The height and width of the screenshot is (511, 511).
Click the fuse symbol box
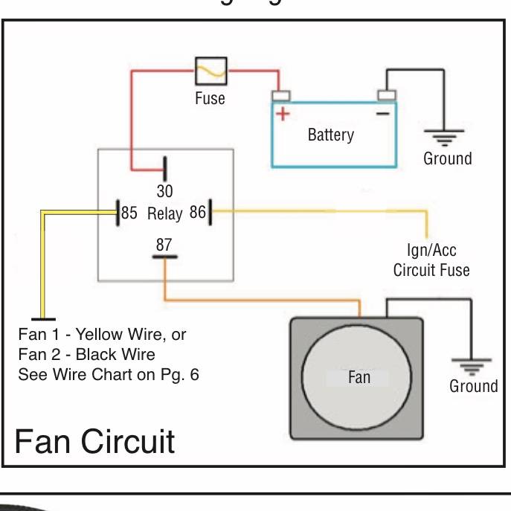(211, 71)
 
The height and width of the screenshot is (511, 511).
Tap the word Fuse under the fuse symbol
(210, 98)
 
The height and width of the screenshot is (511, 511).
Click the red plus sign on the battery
(283, 114)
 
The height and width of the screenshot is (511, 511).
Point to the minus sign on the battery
(382, 113)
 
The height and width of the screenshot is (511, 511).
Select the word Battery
(330, 135)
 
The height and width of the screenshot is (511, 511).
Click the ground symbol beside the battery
(444, 137)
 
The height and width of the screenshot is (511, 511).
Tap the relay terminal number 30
(164, 191)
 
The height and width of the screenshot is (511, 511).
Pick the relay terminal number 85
(129, 213)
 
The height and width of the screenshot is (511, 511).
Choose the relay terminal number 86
(197, 213)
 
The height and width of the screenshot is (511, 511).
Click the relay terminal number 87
(164, 243)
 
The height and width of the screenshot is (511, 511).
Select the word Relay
(164, 214)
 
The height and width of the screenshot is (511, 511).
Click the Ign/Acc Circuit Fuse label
(431, 260)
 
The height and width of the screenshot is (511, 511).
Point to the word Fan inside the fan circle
(359, 377)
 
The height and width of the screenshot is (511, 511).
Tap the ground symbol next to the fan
(471, 365)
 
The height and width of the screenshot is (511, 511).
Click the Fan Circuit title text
(94, 441)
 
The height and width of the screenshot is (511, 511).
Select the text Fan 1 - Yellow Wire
(102, 334)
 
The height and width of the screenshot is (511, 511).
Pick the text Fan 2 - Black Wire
(91, 353)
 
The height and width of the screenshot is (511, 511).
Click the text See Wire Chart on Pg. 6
(109, 373)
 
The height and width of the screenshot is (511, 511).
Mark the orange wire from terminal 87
(260, 300)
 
